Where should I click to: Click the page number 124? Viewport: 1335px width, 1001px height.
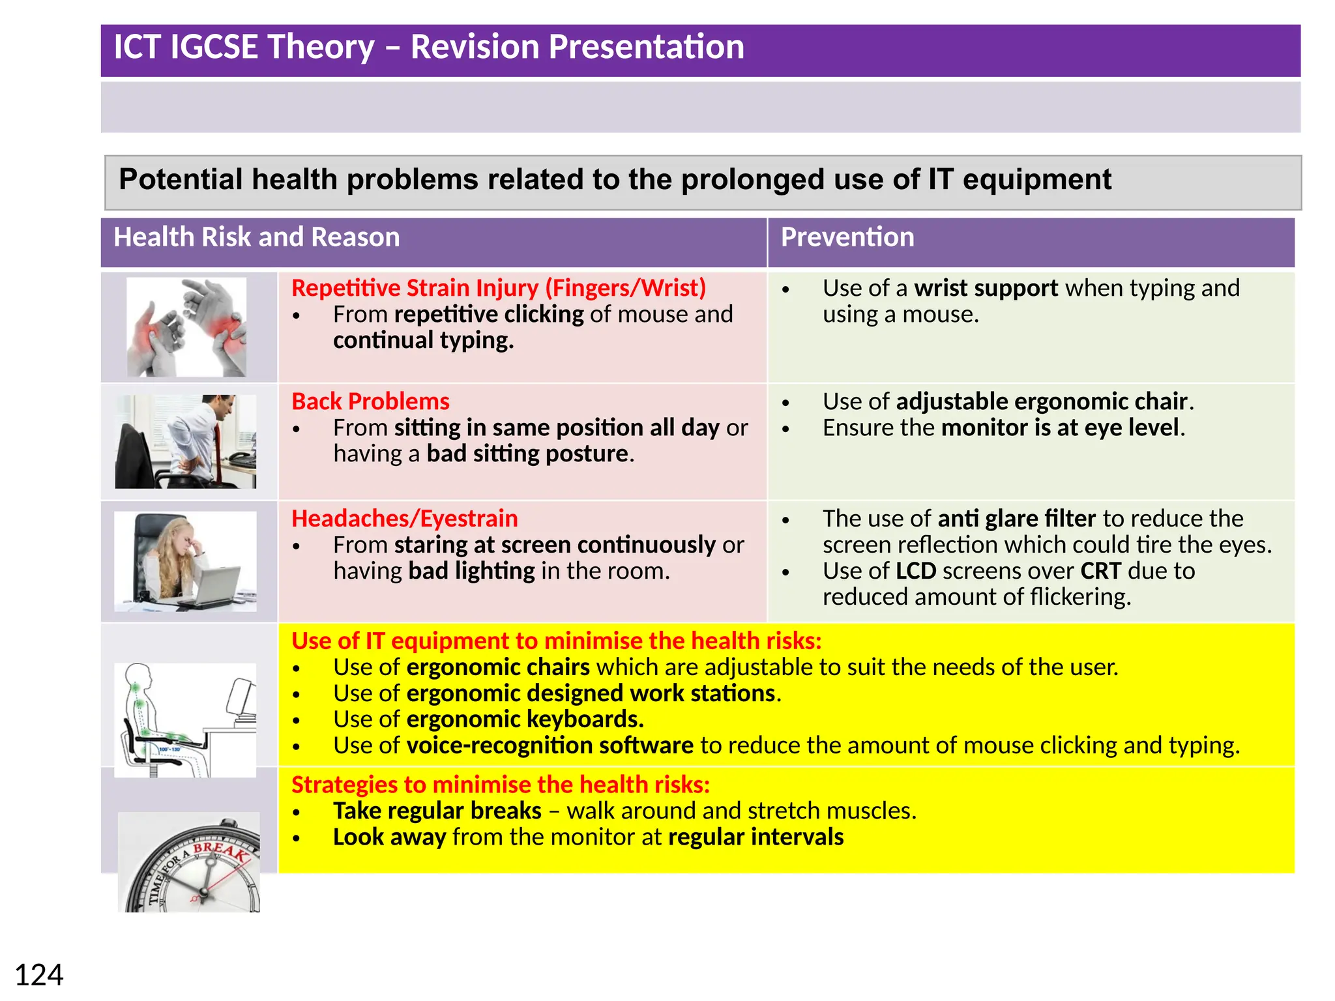pyautogui.click(x=39, y=976)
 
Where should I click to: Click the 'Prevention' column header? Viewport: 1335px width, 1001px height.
pyautogui.click(x=847, y=237)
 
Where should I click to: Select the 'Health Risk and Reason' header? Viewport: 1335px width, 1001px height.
pyautogui.click(x=256, y=237)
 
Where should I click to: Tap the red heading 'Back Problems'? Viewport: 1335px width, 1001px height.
pyautogui.click(x=370, y=401)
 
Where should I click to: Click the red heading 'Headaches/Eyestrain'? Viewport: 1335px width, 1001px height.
pyautogui.click(x=404, y=519)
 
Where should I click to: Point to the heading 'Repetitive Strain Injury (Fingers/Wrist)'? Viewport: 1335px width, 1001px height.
pyautogui.click(x=499, y=288)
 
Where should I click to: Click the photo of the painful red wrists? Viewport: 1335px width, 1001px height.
pyautogui.click(x=186, y=327)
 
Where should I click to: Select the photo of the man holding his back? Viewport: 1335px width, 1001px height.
pyautogui.click(x=186, y=441)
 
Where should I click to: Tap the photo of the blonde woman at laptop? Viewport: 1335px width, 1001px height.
pyautogui.click(x=185, y=561)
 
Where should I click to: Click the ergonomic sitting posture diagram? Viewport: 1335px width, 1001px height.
pyautogui.click(x=185, y=720)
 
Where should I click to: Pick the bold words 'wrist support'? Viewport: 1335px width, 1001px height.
pyautogui.click(x=986, y=288)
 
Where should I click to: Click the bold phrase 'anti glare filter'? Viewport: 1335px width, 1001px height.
pyautogui.click(x=1016, y=519)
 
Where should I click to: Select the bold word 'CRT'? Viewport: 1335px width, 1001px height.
pyautogui.click(x=1100, y=571)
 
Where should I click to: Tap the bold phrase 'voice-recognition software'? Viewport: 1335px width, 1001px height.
pyautogui.click(x=550, y=746)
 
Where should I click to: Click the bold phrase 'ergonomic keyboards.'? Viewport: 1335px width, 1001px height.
pyautogui.click(x=525, y=719)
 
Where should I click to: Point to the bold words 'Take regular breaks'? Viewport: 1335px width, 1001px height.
pyautogui.click(x=437, y=811)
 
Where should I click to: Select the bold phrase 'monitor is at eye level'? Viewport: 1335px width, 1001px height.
pyautogui.click(x=1061, y=428)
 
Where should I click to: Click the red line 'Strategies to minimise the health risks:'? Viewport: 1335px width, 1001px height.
pyautogui.click(x=500, y=785)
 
